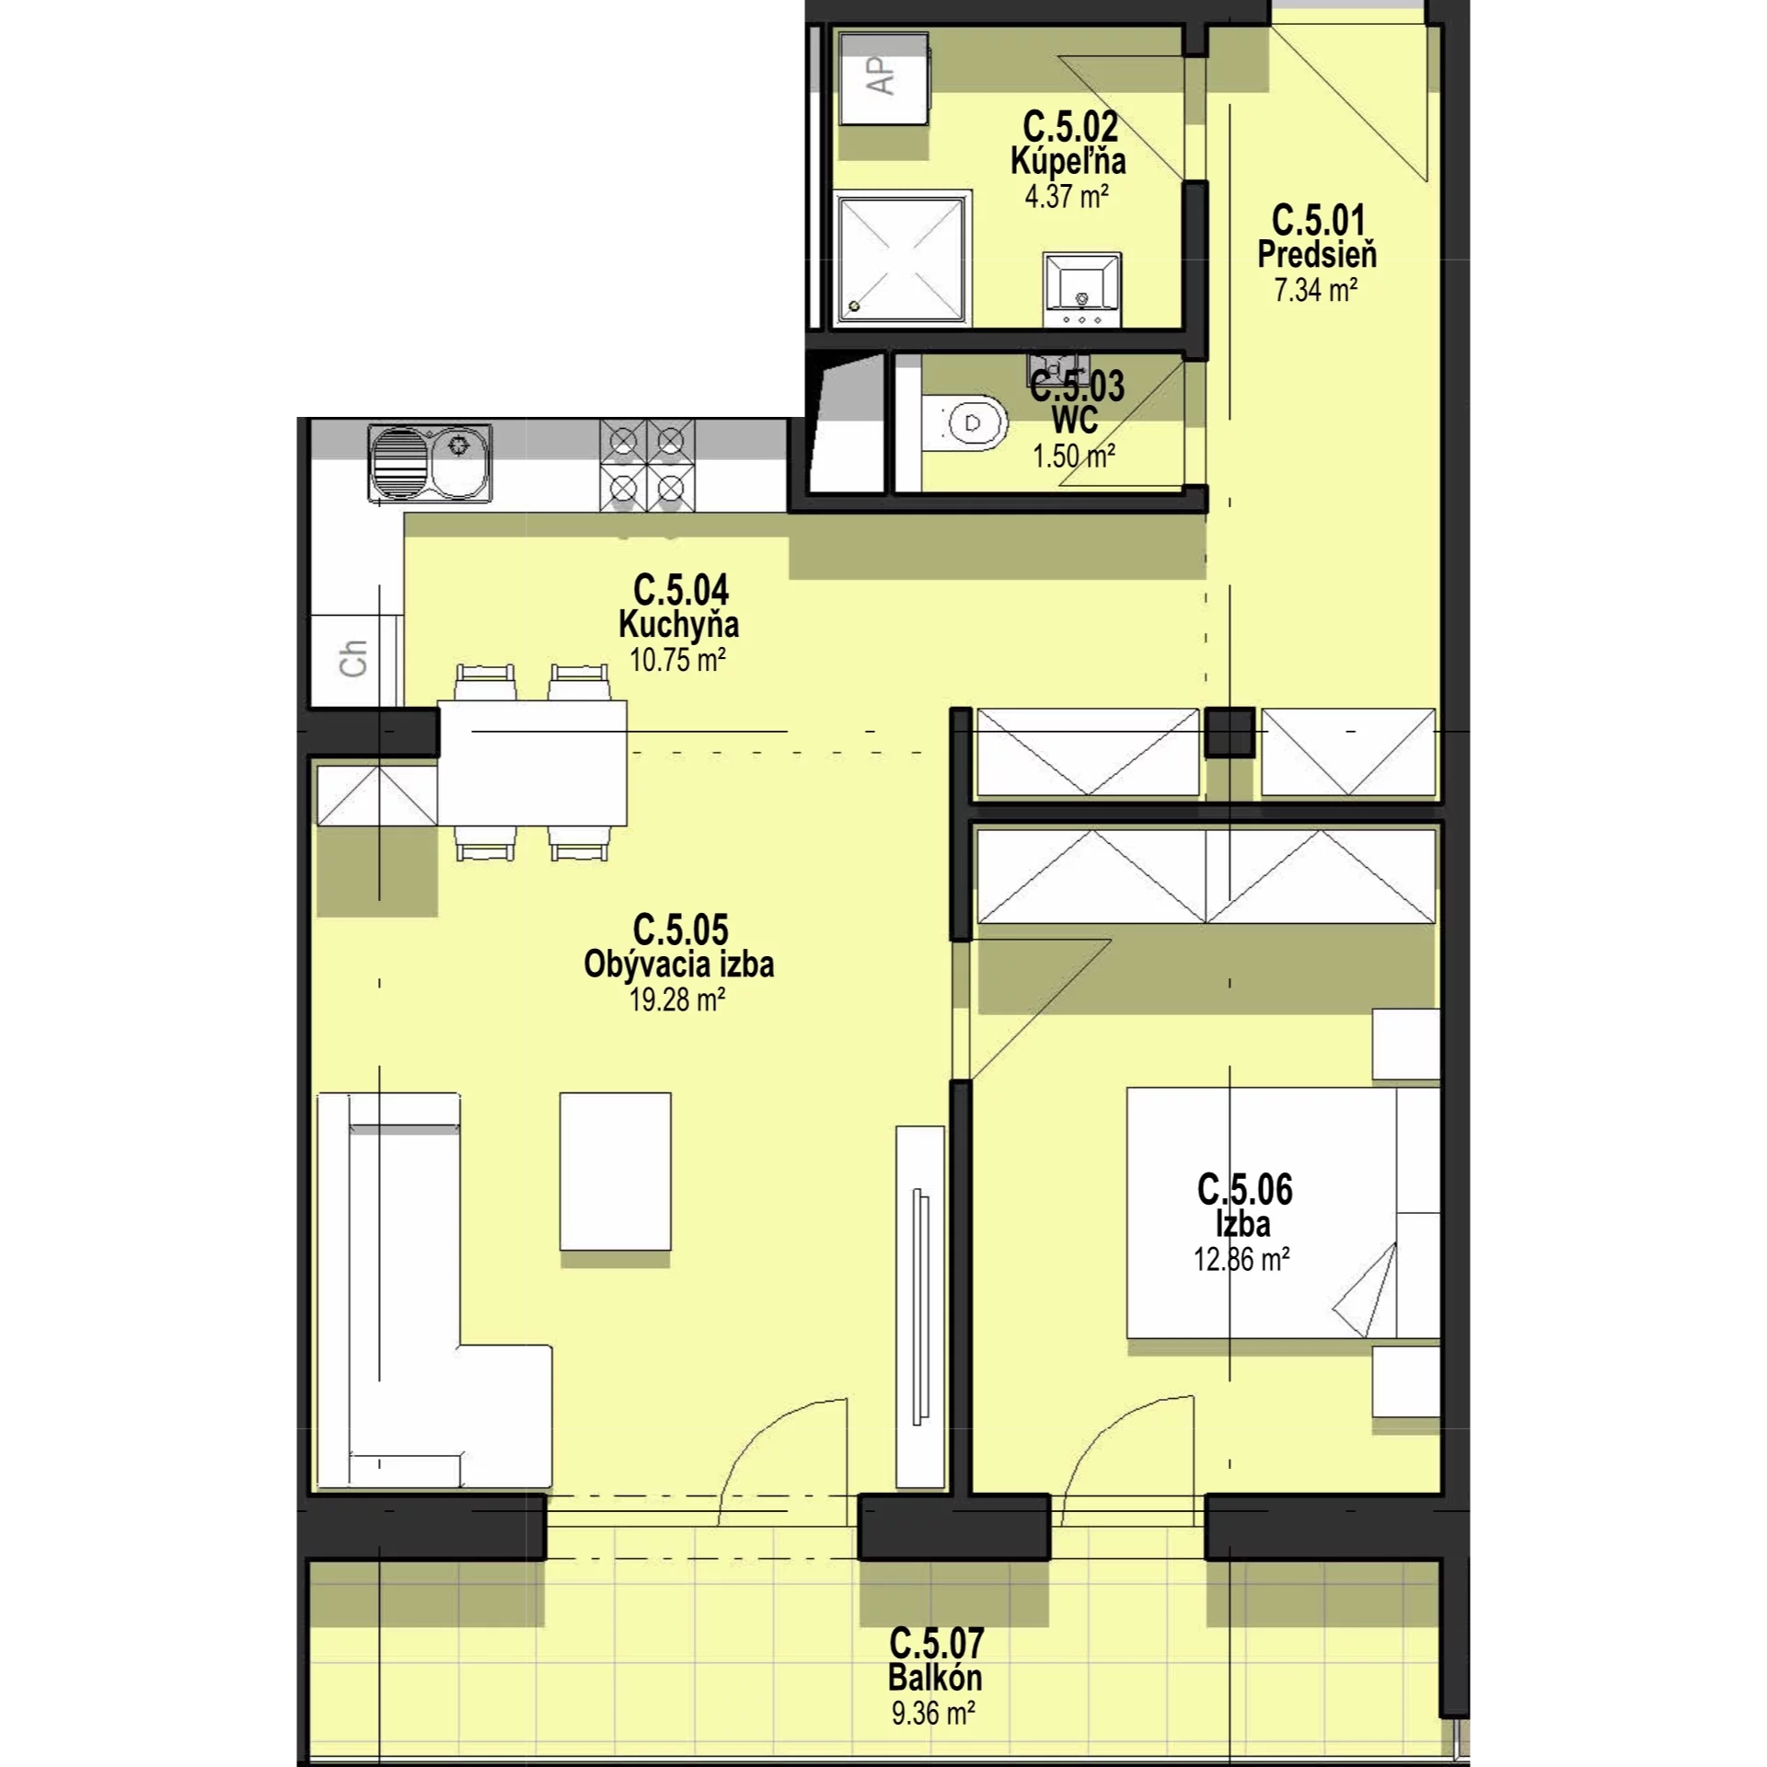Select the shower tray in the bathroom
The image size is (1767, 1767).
[902, 258]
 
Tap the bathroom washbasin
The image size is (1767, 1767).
[1082, 289]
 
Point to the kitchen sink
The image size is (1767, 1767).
[430, 462]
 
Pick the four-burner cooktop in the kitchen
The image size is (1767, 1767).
[648, 465]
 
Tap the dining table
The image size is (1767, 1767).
[532, 763]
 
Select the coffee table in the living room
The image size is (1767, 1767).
[616, 1171]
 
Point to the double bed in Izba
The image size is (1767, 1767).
[1283, 1212]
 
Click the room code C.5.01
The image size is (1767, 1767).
[1318, 221]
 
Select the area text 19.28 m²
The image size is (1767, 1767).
[677, 999]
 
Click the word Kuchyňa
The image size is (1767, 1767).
[678, 624]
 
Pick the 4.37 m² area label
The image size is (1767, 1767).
[1067, 196]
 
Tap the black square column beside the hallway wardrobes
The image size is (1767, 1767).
[1230, 733]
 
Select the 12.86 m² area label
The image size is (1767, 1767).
[1242, 1258]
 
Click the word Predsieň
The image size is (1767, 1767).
[1317, 254]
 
